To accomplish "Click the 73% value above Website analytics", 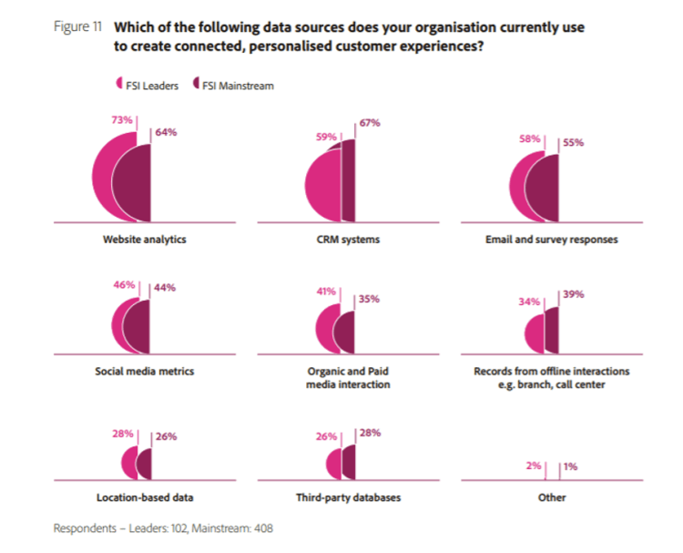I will click(x=123, y=119).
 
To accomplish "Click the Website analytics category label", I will click(x=145, y=240).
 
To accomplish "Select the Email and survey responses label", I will click(x=552, y=240).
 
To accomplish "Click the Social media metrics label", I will click(x=145, y=372).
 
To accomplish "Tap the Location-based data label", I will click(x=145, y=498).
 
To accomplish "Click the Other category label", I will click(x=552, y=498).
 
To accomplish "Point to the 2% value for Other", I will click(x=535, y=466).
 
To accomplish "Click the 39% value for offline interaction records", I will click(x=573, y=294).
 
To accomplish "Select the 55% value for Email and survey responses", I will click(x=573, y=143).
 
